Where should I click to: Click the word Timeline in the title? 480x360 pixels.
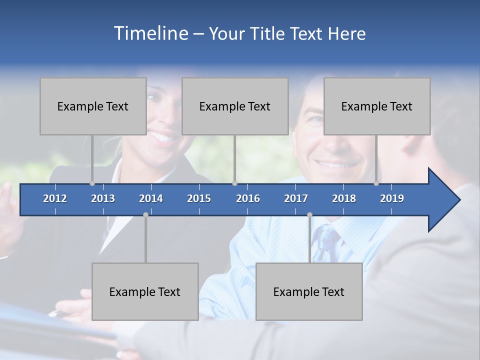click(151, 33)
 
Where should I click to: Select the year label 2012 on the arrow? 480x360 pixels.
click(55, 198)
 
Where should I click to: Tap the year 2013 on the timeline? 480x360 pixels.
click(103, 198)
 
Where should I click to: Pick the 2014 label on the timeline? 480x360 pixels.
click(151, 198)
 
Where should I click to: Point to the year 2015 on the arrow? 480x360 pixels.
click(199, 198)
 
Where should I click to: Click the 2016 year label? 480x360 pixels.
click(248, 198)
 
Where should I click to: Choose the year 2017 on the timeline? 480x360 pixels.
click(296, 198)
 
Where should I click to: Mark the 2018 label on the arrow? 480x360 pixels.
click(344, 198)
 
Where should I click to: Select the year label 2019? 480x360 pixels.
click(392, 198)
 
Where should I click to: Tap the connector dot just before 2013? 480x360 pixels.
click(92, 183)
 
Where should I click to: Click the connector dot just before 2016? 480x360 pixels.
click(235, 183)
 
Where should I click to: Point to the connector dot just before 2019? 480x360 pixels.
click(376, 183)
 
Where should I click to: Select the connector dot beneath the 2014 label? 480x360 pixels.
click(145, 214)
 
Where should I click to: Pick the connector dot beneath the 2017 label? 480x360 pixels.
click(309, 214)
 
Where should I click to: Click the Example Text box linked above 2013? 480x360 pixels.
click(93, 106)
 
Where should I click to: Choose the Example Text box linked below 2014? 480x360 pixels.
click(145, 291)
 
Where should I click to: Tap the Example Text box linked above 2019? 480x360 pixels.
click(377, 106)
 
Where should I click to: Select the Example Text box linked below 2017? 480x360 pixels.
click(309, 291)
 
